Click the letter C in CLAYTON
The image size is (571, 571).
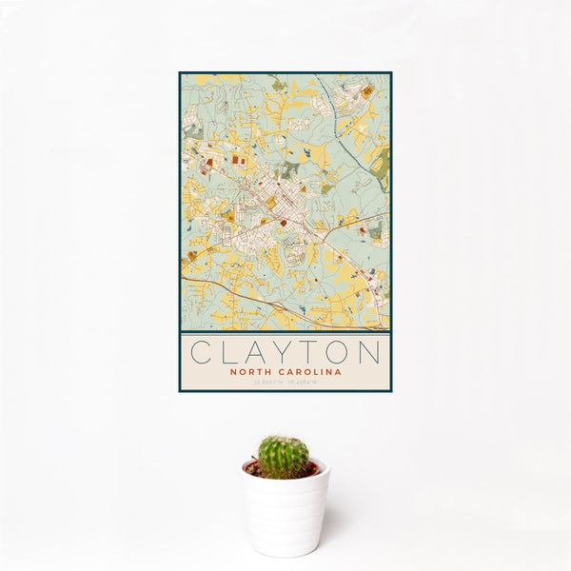point(202,352)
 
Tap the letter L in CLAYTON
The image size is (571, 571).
point(228,352)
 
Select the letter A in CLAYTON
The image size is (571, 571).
point(255,352)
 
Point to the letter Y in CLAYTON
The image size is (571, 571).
point(283,352)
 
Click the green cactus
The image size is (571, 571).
point(284,457)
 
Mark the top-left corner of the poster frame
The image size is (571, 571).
point(180,72)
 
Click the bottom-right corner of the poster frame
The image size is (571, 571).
point(390,391)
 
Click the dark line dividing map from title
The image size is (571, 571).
point(285,330)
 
